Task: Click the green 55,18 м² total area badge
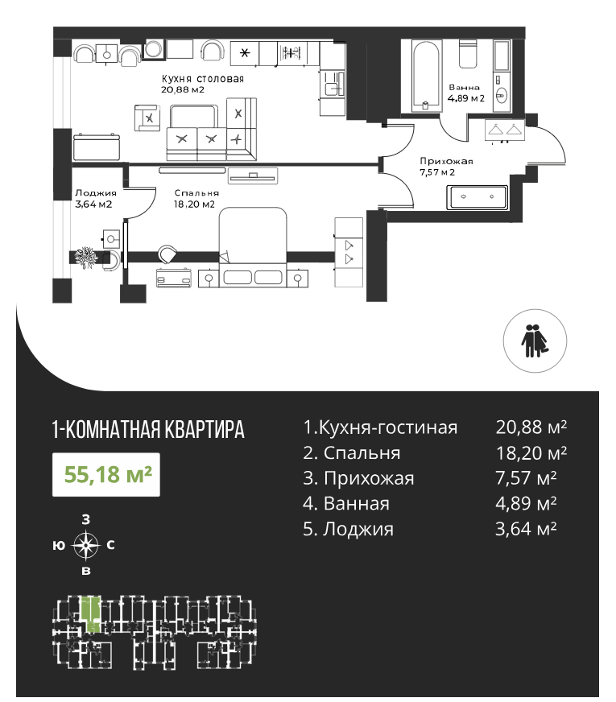106,474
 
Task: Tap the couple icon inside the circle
535,341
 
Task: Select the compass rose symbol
86,545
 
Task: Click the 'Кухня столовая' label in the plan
203,79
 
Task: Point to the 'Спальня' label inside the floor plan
196,193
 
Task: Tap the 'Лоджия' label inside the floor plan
96,193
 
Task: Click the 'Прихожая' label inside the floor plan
446,161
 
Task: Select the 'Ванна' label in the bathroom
465,87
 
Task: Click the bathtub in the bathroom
427,76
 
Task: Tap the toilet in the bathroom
468,54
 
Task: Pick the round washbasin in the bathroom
502,95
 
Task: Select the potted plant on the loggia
85,258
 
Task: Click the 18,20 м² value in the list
531,453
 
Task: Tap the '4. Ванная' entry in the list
346,504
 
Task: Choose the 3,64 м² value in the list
526,529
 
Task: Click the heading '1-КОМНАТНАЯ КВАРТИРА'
148,429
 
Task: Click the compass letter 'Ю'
59,545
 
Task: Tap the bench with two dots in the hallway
478,197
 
